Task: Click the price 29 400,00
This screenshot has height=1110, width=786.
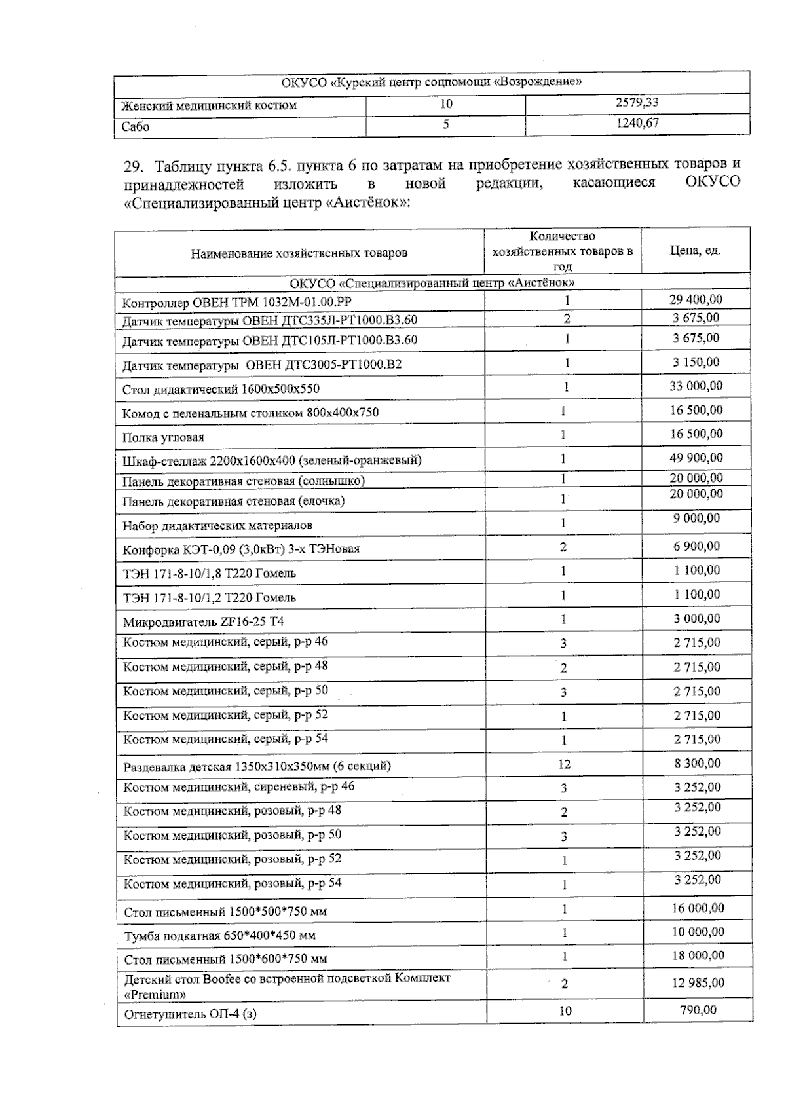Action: pyautogui.click(x=696, y=299)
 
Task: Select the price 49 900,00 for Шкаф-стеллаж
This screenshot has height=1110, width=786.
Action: pyautogui.click(x=696, y=458)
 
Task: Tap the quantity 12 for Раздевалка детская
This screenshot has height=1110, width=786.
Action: pyautogui.click(x=564, y=764)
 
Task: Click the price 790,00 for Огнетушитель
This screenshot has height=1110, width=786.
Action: pyautogui.click(x=698, y=1010)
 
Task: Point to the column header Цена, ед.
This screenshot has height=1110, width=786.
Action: pyautogui.click(x=695, y=251)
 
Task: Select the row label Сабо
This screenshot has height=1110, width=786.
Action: pyautogui.click(x=136, y=127)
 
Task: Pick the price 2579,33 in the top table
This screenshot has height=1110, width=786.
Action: pyautogui.click(x=637, y=103)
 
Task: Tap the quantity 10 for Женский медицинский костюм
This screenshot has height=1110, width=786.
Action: pyautogui.click(x=445, y=103)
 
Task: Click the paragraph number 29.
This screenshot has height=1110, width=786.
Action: pyautogui.click(x=133, y=164)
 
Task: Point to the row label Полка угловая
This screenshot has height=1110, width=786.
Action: pyautogui.click(x=164, y=437)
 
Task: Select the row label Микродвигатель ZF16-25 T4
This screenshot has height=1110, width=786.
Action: pyautogui.click(x=204, y=621)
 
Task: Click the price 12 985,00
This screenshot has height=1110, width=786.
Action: pyautogui.click(x=698, y=982)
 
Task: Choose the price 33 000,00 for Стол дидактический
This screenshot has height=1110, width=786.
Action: pyautogui.click(x=696, y=386)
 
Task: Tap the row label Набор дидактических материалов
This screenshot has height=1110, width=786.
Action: pyautogui.click(x=217, y=525)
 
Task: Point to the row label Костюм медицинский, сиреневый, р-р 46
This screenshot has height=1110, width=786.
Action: pyautogui.click(x=239, y=786)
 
